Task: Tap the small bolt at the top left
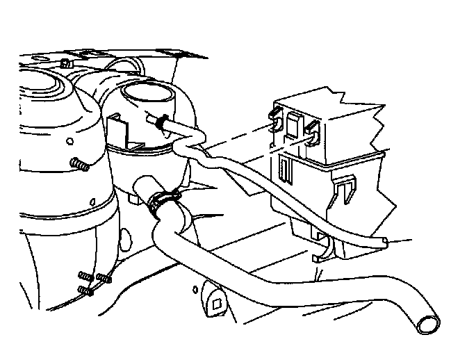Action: [x=64, y=64]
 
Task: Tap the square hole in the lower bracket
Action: [x=217, y=302]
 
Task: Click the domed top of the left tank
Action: [x=42, y=87]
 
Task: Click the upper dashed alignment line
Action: [x=236, y=136]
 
